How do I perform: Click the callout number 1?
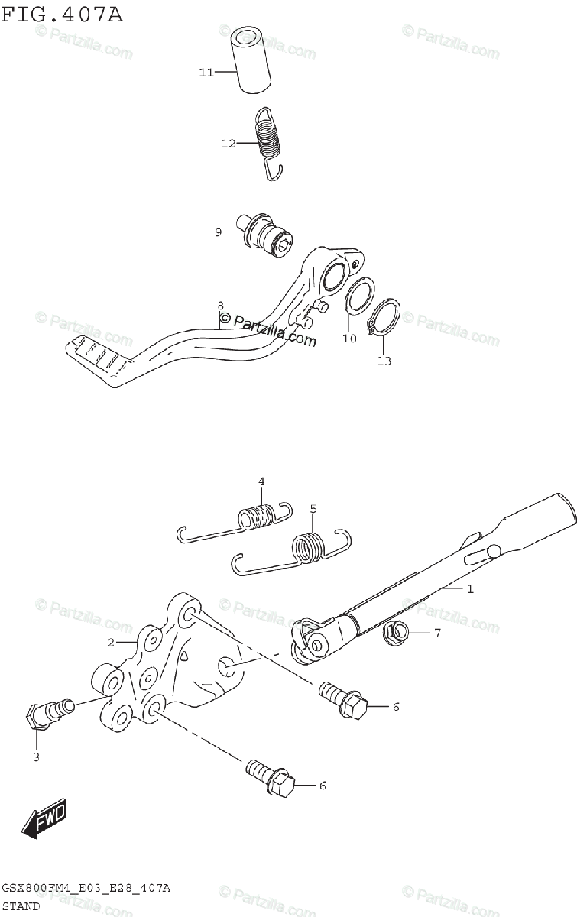(471, 588)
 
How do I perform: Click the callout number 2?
(111, 642)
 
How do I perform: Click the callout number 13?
(384, 361)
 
